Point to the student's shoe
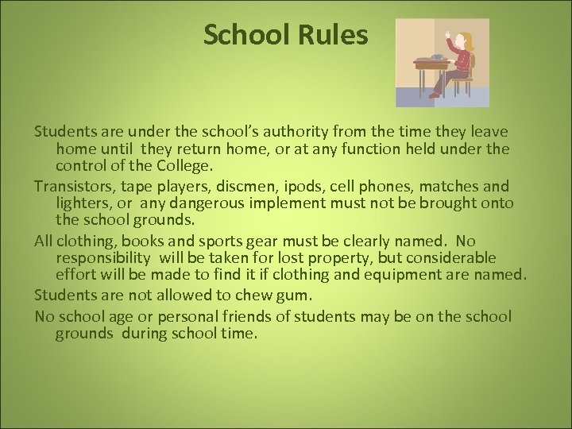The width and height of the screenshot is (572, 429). coord(434,95)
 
